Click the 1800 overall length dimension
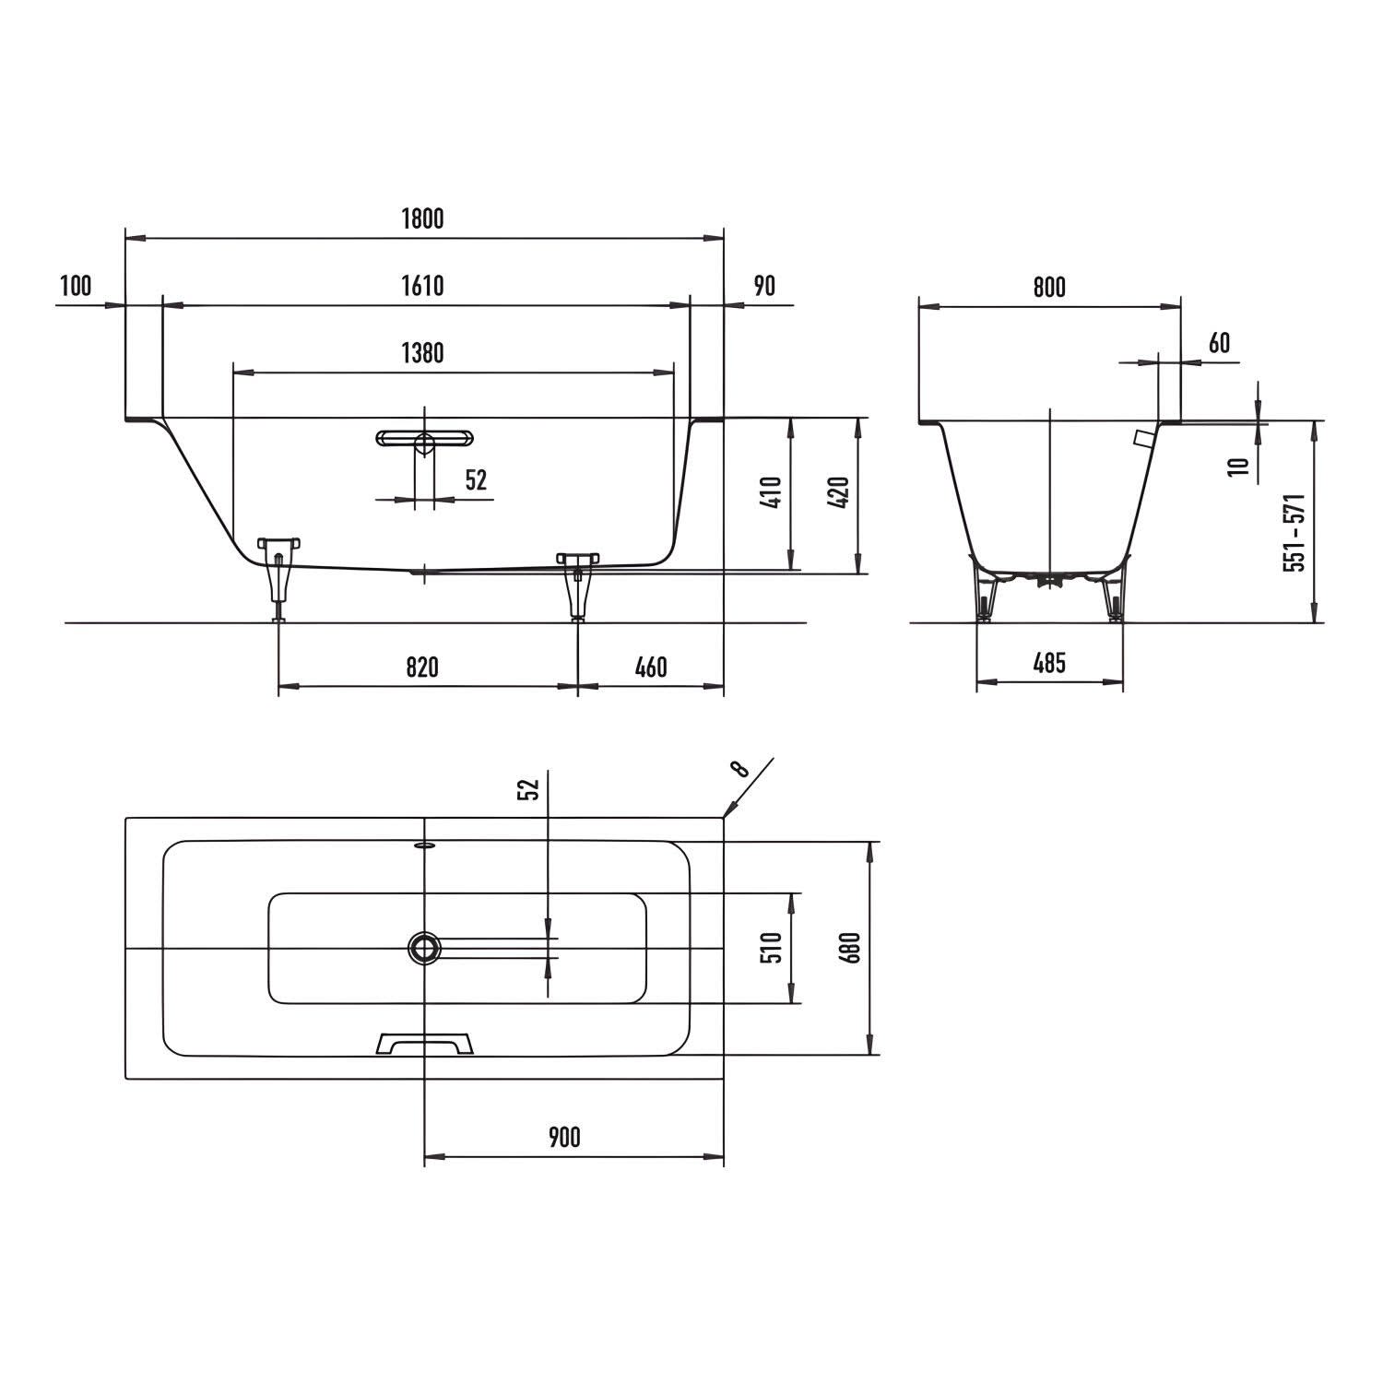[x=423, y=219]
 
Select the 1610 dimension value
[x=422, y=286]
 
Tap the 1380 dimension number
[x=422, y=353]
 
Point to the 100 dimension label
[x=76, y=286]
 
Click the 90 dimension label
[x=764, y=286]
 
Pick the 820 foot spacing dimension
[x=422, y=666]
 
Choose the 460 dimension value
[x=651, y=666]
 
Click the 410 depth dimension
[x=773, y=492]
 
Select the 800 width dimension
[x=1049, y=287]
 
